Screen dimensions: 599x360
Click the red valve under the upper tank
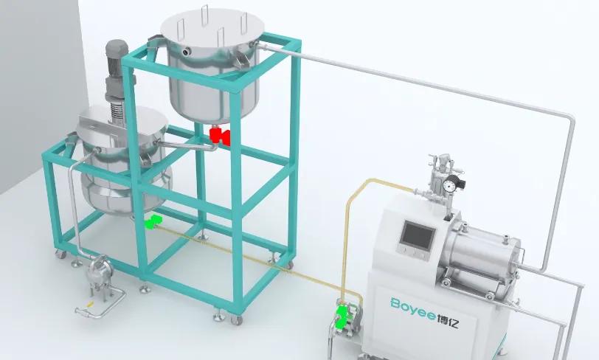220,136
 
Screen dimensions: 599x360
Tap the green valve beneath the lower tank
153,221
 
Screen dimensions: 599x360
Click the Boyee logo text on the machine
412,305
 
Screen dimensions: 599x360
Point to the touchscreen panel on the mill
418,235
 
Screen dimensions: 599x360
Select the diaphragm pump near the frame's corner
98,273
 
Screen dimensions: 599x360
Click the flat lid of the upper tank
212,27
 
